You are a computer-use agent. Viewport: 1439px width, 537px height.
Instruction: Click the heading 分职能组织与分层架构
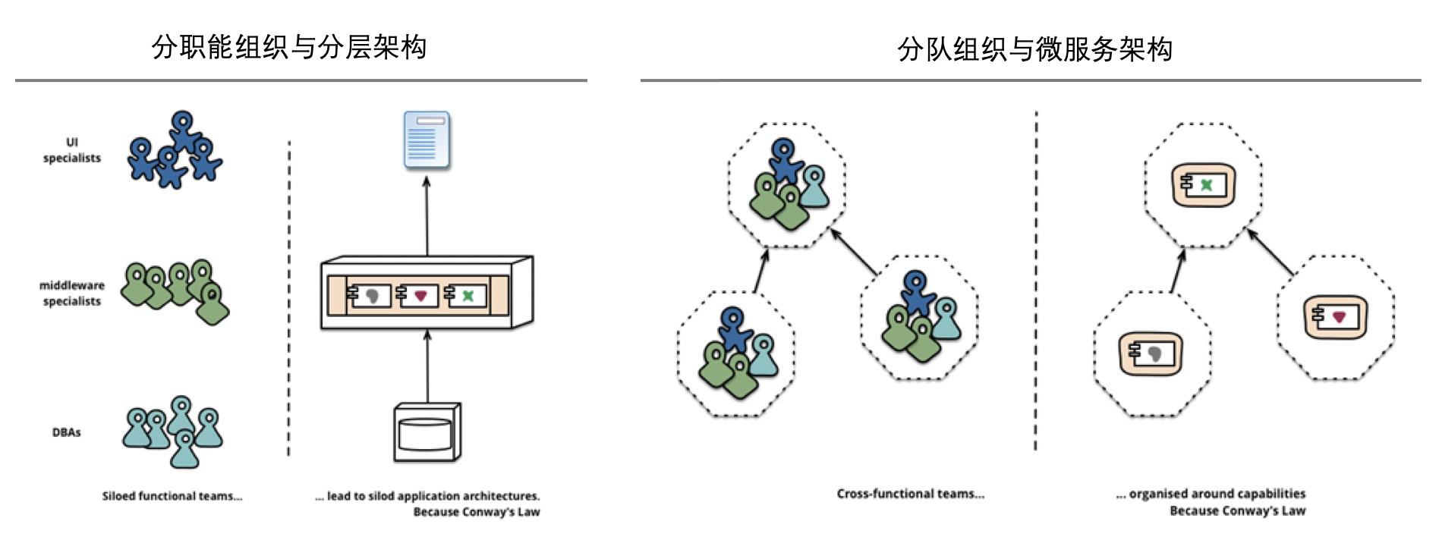click(x=289, y=47)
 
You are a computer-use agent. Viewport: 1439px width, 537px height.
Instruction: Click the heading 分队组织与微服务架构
click(x=1034, y=49)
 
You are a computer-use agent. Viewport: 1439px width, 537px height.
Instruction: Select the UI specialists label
click(x=72, y=150)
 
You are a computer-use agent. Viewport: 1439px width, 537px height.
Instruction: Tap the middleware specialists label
click(x=72, y=293)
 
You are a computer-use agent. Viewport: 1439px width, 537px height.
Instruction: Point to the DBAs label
click(x=66, y=432)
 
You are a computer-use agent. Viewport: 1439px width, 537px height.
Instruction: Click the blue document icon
click(x=427, y=140)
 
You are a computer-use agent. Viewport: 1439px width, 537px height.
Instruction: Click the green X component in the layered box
click(x=465, y=295)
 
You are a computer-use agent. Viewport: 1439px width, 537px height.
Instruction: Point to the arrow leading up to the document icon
click(x=427, y=216)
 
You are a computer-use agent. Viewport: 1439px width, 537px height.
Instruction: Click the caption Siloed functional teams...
click(x=172, y=496)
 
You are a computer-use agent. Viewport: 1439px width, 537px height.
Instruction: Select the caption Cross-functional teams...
click(x=910, y=494)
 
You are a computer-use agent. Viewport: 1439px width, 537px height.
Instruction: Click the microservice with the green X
click(x=1203, y=185)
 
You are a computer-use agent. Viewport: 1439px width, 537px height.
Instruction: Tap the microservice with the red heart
click(x=1335, y=317)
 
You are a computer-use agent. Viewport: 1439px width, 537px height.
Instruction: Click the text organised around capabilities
click(x=1217, y=494)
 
